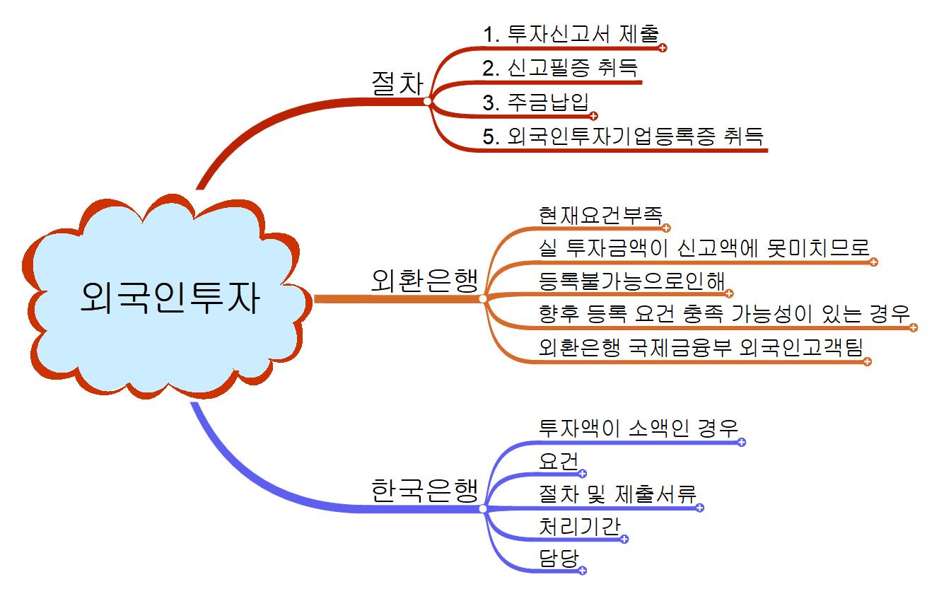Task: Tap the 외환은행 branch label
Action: [424, 281]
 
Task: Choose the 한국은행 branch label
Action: [424, 490]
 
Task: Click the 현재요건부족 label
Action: [600, 214]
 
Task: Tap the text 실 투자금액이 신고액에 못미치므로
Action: [704, 247]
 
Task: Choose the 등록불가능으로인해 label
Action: [632, 281]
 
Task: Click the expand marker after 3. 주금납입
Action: [594, 116]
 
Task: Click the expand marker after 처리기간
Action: [624, 540]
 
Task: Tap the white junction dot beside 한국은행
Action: [483, 508]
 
